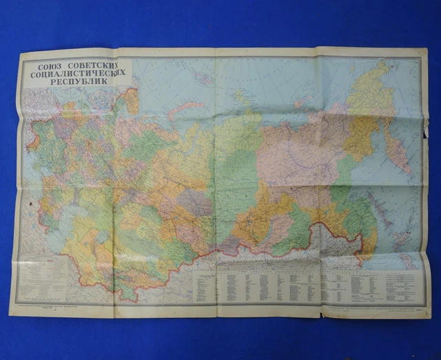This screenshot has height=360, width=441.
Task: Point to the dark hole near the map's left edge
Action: (x=32, y=206)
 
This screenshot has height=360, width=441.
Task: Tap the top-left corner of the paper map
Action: (x=21, y=54)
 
